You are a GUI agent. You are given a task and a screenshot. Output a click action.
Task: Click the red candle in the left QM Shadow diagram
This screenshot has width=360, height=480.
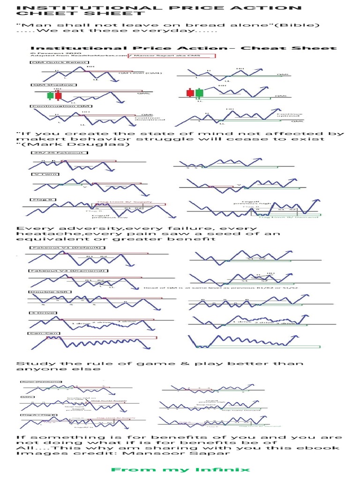coord(58,95)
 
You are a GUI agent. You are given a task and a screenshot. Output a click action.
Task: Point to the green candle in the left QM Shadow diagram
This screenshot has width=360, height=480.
coord(50,95)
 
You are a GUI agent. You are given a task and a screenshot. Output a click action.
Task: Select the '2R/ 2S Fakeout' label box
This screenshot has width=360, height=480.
coord(47,152)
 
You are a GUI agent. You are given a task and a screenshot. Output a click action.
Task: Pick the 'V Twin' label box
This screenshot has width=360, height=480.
coord(45,174)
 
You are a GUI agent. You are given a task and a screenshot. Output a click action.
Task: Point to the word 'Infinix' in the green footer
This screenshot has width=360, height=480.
coord(226,469)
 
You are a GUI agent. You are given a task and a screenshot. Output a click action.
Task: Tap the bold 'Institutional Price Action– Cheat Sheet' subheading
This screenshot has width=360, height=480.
coord(183,48)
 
